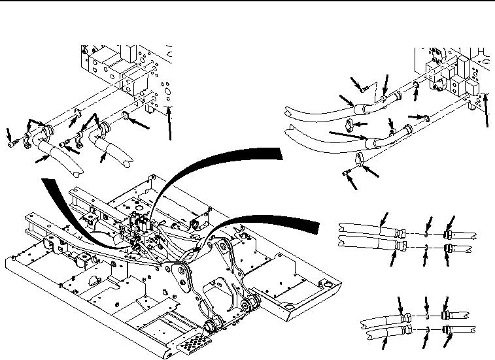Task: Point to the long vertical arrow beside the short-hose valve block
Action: pyautogui.click(x=169, y=124)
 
